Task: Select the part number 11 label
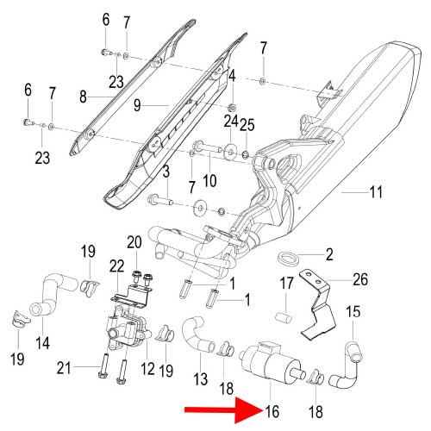pyautogui.click(x=376, y=192)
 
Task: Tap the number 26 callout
pyautogui.click(x=359, y=279)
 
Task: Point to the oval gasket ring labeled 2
pyautogui.click(x=288, y=258)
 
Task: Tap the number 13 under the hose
pyautogui.click(x=201, y=378)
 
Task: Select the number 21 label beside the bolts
pyautogui.click(x=64, y=368)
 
